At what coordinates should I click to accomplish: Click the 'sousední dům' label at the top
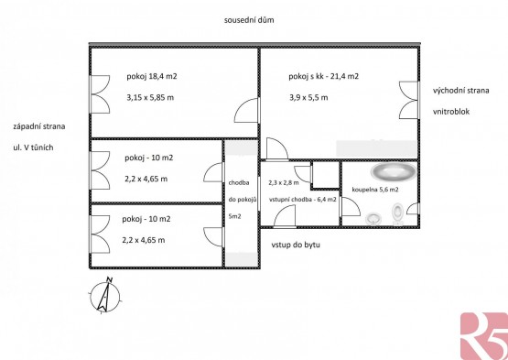[x=249, y=20]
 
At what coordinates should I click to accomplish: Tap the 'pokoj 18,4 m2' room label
[x=152, y=77]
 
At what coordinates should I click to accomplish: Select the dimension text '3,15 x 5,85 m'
[x=150, y=97]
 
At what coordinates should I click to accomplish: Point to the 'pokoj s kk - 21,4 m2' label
[x=324, y=77]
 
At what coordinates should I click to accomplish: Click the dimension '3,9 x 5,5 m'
[x=308, y=97]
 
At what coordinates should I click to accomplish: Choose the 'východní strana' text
[x=460, y=90]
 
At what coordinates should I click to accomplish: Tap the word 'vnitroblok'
[x=451, y=112]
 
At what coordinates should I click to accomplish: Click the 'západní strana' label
[x=38, y=126]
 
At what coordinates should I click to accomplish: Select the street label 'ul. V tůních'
[x=33, y=147]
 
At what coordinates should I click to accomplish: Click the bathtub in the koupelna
[x=394, y=171]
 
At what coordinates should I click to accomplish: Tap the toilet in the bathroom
[x=397, y=213]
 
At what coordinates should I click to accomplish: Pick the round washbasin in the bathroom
[x=373, y=218]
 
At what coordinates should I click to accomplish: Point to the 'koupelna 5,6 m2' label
[x=375, y=190]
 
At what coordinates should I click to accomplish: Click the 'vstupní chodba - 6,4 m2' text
[x=303, y=200]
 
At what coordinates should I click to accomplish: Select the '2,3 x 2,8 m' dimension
[x=284, y=182]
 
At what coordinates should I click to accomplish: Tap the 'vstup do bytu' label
[x=296, y=245]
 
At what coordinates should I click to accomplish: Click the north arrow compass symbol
[x=105, y=296]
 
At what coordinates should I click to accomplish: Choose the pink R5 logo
[x=484, y=336]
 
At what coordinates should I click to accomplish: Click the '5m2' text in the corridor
[x=234, y=216]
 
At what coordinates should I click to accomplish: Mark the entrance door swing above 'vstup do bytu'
[x=285, y=216]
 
